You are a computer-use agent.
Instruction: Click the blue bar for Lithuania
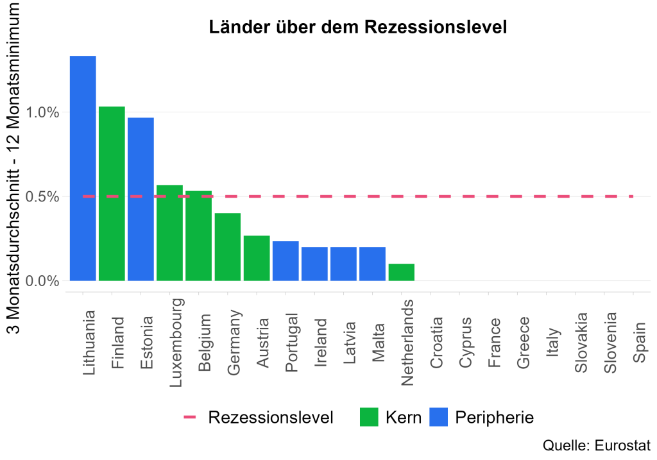83,168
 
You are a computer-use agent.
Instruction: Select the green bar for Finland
112,193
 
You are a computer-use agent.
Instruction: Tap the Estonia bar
141,199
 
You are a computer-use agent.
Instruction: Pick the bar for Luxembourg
169,232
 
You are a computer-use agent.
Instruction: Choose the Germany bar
228,246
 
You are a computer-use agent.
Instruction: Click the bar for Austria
257,258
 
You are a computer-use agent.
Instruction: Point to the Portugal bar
286,260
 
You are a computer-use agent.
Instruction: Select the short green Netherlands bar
402,272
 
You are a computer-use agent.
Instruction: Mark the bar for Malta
373,264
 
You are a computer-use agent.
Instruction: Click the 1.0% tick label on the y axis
42,113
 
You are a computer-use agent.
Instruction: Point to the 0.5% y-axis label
42,197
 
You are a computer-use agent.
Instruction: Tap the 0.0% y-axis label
42,281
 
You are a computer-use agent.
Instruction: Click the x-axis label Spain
640,347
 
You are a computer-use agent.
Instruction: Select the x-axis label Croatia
437,343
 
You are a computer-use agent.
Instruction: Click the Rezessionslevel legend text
271,418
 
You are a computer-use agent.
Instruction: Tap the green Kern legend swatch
369,418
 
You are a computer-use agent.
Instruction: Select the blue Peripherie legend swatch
438,418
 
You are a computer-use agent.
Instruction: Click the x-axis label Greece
524,343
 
